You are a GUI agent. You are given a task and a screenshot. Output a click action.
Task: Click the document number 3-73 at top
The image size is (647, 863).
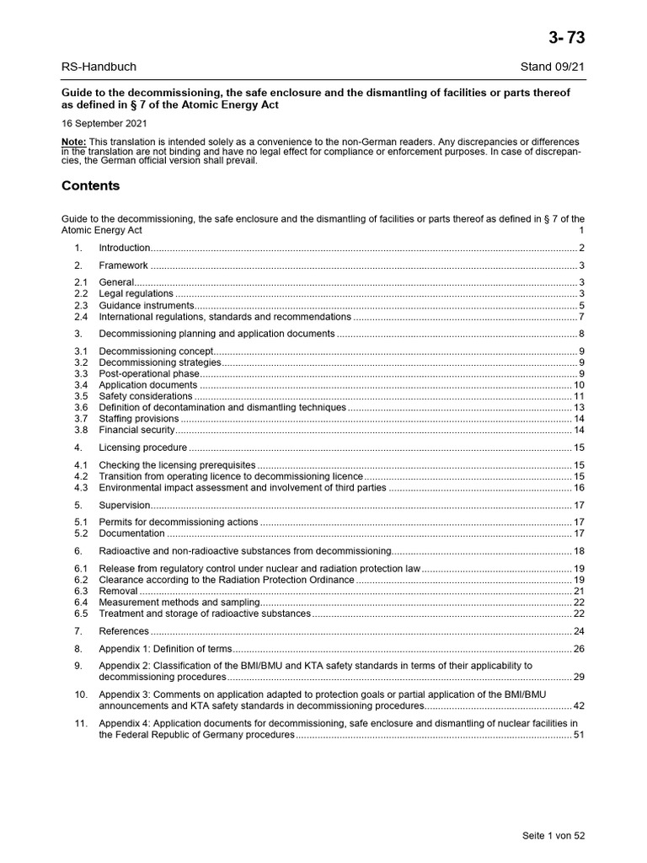(x=566, y=38)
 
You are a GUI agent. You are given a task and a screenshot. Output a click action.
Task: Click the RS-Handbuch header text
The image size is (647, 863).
(x=99, y=67)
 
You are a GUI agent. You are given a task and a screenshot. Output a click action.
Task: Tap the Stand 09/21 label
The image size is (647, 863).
(x=553, y=67)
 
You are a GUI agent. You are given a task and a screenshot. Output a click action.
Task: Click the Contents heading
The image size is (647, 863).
(x=91, y=185)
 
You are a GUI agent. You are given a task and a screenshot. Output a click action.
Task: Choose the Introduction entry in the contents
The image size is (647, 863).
(x=125, y=248)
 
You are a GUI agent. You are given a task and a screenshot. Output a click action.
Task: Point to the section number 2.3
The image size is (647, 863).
(x=80, y=305)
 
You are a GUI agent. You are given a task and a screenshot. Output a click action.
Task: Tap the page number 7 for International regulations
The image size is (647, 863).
(x=581, y=317)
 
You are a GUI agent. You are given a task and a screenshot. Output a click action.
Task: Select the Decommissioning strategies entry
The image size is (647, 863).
(x=160, y=362)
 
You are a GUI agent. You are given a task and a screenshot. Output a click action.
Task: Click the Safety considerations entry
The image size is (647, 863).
(x=146, y=396)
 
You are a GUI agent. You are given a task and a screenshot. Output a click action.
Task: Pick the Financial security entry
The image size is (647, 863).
(x=136, y=430)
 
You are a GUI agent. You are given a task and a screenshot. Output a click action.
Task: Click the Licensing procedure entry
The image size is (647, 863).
(x=142, y=448)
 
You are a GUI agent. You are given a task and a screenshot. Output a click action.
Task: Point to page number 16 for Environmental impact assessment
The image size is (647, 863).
(x=579, y=488)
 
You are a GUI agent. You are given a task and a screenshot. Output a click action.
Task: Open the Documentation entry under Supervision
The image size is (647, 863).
(x=132, y=533)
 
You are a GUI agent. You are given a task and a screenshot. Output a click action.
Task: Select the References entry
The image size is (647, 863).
(x=124, y=631)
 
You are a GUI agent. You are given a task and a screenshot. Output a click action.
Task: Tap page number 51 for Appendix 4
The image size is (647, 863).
(x=579, y=735)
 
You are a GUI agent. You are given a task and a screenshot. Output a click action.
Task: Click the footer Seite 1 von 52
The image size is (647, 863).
(x=553, y=835)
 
